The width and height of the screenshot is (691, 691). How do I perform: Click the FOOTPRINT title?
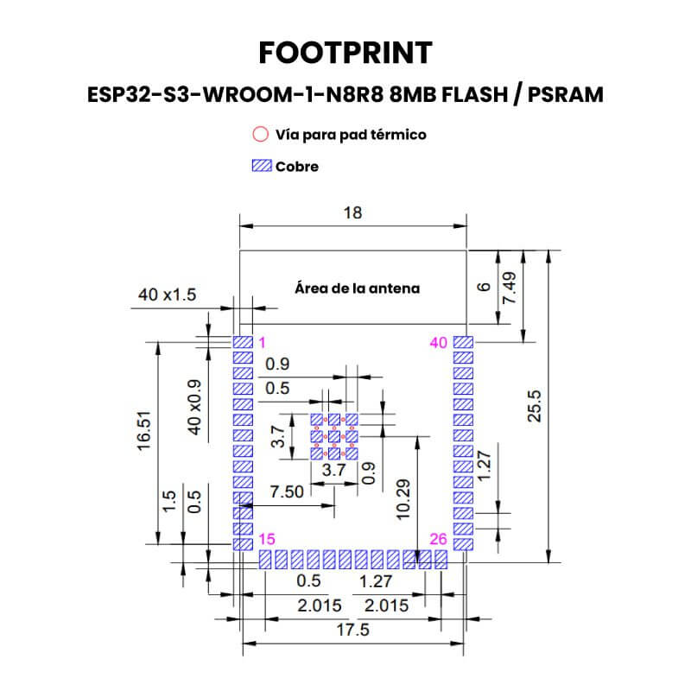tap(345, 53)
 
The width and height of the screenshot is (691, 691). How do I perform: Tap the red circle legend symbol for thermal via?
tap(261, 134)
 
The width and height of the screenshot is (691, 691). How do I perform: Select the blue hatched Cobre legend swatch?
tap(262, 166)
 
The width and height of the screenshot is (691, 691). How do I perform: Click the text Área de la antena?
tap(357, 288)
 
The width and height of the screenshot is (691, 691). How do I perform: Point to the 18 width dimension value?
tap(352, 212)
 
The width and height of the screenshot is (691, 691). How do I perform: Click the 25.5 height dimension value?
tap(534, 406)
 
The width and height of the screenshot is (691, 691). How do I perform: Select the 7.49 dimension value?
tap(509, 288)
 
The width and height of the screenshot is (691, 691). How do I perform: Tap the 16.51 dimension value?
tap(144, 431)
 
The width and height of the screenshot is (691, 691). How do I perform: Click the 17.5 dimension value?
tap(353, 630)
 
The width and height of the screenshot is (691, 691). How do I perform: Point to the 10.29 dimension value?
tap(403, 500)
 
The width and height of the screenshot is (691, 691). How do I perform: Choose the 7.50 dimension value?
tap(287, 491)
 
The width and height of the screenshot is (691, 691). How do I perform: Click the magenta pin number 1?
tap(263, 342)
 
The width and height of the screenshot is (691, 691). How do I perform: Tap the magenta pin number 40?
tap(439, 342)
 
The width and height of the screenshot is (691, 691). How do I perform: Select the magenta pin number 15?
tap(267, 538)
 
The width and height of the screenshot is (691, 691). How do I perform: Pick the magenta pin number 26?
tap(439, 538)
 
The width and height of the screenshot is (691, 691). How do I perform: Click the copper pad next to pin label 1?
tap(243, 342)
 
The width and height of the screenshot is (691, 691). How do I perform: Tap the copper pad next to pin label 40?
tap(463, 342)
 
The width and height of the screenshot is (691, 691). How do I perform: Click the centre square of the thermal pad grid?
tap(334, 437)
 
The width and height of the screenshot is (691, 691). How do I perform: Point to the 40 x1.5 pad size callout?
tap(167, 295)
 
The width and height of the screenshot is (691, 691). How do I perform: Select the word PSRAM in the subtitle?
tap(566, 94)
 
